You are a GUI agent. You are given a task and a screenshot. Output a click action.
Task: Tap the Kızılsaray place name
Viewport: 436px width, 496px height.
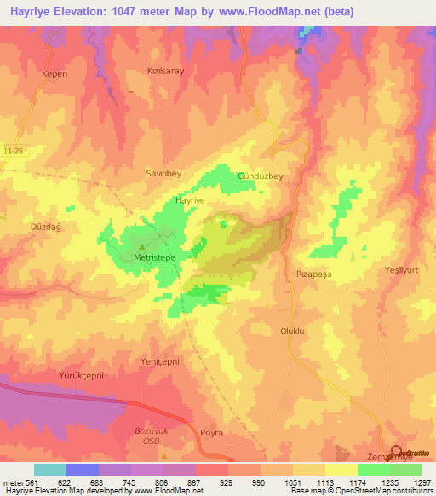point(166,72)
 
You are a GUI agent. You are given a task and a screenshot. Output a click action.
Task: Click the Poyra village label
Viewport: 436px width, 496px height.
point(211,433)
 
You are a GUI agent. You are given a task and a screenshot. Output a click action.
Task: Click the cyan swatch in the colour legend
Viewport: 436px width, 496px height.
point(50,470)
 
